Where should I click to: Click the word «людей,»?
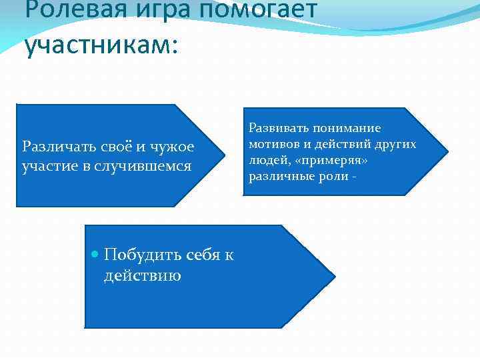click(x=267, y=161)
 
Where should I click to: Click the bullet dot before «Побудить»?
click(x=94, y=255)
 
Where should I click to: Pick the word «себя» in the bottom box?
click(x=198, y=255)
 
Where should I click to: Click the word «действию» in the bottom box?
click(x=143, y=275)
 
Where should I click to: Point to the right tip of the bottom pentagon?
click(x=334, y=276)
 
